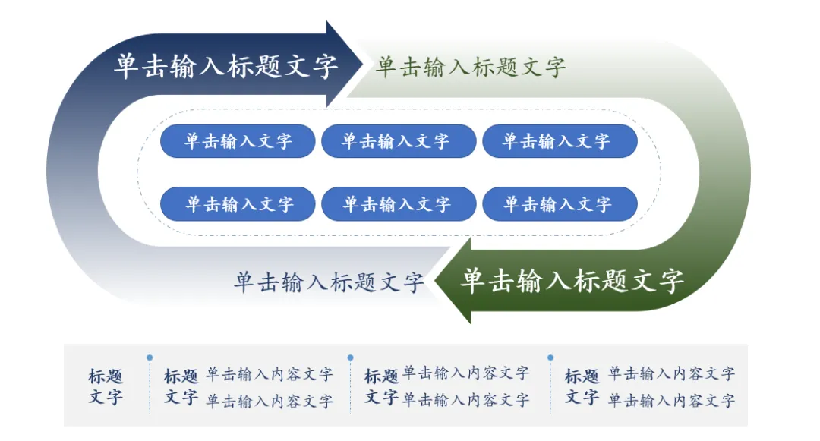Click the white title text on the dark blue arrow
click(x=225, y=66)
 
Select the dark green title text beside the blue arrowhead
click(x=471, y=67)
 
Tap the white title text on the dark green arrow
click(x=572, y=281)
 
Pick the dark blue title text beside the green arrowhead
click(x=328, y=282)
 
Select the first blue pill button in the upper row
click(x=238, y=141)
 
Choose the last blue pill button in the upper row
click(x=560, y=141)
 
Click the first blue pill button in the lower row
click(x=238, y=204)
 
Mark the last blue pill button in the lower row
click(x=560, y=204)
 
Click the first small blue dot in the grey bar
click(x=150, y=358)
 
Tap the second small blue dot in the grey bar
click(x=350, y=358)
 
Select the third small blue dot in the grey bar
click(x=550, y=358)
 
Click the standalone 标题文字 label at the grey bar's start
click(x=106, y=386)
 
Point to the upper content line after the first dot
click(x=270, y=374)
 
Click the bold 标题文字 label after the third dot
click(x=582, y=386)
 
